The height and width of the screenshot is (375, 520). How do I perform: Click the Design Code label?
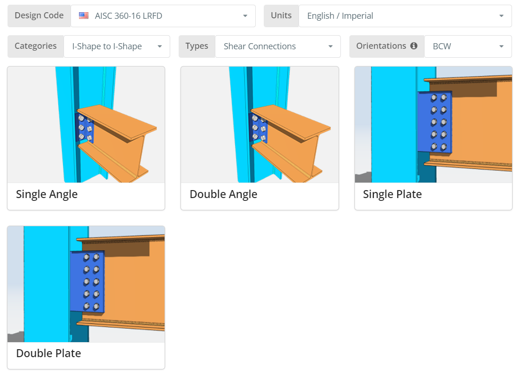(39, 15)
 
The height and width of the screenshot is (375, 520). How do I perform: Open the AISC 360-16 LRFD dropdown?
(163, 16)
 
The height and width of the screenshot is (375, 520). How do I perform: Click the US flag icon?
(84, 15)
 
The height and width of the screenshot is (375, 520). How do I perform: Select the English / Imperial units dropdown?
(405, 16)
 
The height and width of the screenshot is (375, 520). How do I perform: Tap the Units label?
(281, 15)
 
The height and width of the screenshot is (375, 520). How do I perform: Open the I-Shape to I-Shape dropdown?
(117, 46)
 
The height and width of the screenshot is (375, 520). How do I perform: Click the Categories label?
(35, 46)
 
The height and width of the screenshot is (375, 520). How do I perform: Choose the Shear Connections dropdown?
(277, 46)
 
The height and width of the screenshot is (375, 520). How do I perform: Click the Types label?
(197, 46)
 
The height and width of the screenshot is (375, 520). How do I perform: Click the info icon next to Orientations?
(414, 46)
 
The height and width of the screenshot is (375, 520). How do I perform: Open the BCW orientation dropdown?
(468, 46)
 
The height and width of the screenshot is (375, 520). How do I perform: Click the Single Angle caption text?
(47, 194)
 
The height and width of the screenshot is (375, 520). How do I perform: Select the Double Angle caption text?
(223, 194)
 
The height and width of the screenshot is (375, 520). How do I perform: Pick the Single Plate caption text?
(392, 194)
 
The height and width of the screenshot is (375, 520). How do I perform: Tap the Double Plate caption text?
(48, 353)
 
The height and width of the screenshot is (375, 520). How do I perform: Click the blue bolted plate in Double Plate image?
(88, 282)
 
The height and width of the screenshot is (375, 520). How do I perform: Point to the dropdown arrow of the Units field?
(501, 16)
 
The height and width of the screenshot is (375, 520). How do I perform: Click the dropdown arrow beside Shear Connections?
(331, 46)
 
